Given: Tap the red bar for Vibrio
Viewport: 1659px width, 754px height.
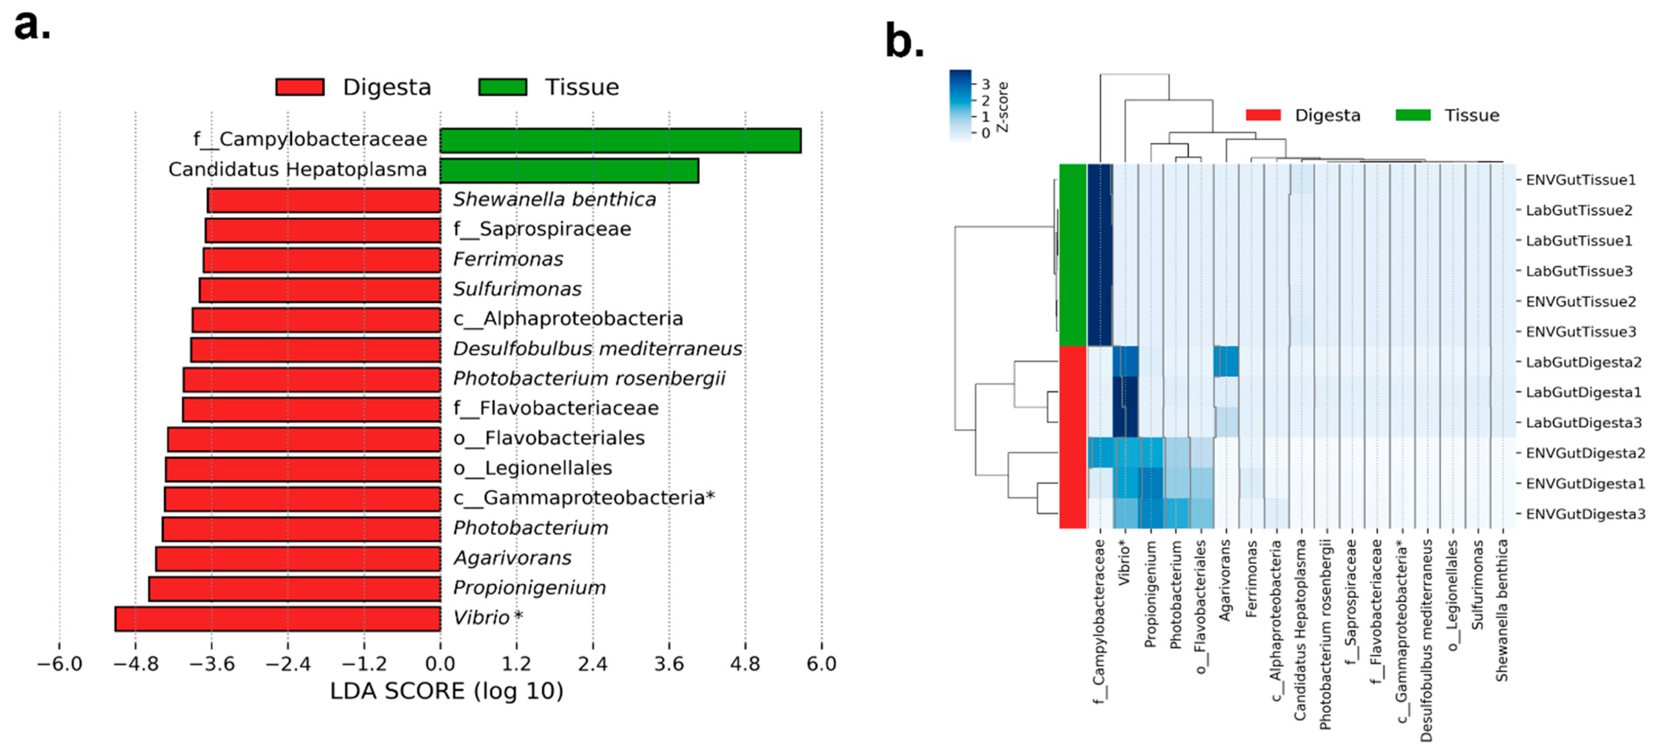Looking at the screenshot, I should (278, 619).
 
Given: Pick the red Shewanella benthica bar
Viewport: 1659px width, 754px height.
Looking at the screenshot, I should (324, 200).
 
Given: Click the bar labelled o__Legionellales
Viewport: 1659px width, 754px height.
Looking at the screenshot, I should (303, 469).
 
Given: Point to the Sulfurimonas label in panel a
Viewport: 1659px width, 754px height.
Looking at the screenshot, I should (517, 289).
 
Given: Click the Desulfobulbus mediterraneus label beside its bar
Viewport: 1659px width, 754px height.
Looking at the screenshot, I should (598, 349).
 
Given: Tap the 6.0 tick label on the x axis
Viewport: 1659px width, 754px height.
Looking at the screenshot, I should (821, 664).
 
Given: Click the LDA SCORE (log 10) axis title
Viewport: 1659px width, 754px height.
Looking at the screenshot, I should (446, 692).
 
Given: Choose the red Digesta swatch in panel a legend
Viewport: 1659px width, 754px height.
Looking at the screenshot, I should (300, 87).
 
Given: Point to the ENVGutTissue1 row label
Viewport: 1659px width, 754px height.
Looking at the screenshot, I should (1581, 180).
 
